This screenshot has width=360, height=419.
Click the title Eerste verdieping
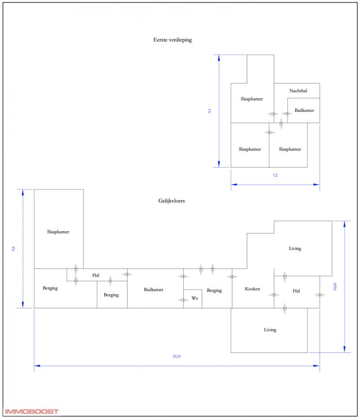click(173, 40)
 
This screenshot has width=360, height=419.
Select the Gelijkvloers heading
click(172, 201)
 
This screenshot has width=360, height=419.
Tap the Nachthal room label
click(298, 91)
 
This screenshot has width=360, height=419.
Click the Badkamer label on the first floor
click(304, 110)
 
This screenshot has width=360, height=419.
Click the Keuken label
click(253, 289)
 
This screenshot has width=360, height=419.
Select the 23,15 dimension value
click(177, 356)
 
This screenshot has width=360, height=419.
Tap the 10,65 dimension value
click(335, 286)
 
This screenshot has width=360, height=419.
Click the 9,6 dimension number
click(13, 249)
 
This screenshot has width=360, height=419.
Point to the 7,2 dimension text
click(275, 176)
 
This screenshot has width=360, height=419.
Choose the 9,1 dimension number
click(210, 111)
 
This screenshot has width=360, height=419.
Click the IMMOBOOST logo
click(32, 412)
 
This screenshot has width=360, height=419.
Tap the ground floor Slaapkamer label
click(58, 232)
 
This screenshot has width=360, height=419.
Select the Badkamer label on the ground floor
click(153, 290)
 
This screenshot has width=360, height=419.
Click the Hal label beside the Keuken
click(296, 291)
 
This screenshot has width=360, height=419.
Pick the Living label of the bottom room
click(270, 330)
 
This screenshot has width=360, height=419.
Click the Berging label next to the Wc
click(214, 291)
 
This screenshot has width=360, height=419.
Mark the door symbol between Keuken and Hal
click(274, 295)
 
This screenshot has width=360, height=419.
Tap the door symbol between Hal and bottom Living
click(285, 308)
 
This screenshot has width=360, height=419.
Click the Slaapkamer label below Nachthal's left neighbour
click(250, 149)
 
